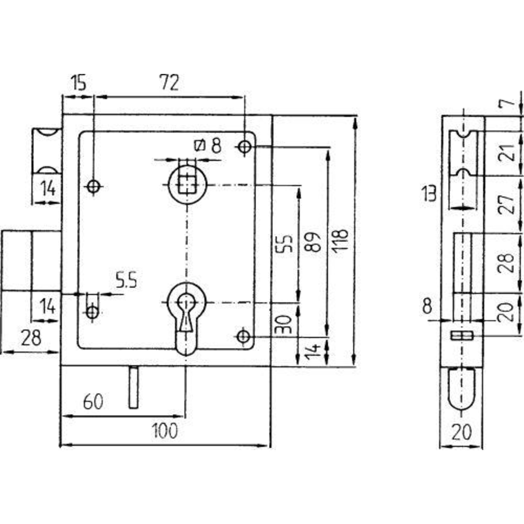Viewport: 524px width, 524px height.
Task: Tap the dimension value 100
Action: tap(165, 431)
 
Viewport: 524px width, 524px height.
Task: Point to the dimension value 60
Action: tap(93, 402)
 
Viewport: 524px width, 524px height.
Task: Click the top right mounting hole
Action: tap(244, 147)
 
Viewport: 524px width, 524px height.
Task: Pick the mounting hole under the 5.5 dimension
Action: tap(93, 312)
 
